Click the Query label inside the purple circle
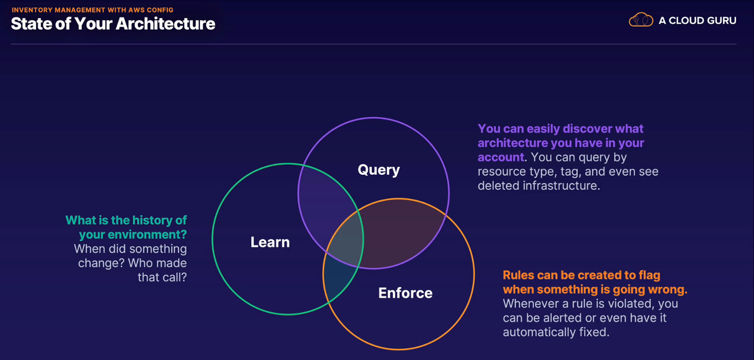[x=378, y=170]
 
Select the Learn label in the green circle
[x=270, y=242]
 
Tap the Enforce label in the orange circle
[x=405, y=293]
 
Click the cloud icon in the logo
[x=640, y=20]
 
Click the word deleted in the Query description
[x=498, y=185]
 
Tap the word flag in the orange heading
[x=649, y=275]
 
